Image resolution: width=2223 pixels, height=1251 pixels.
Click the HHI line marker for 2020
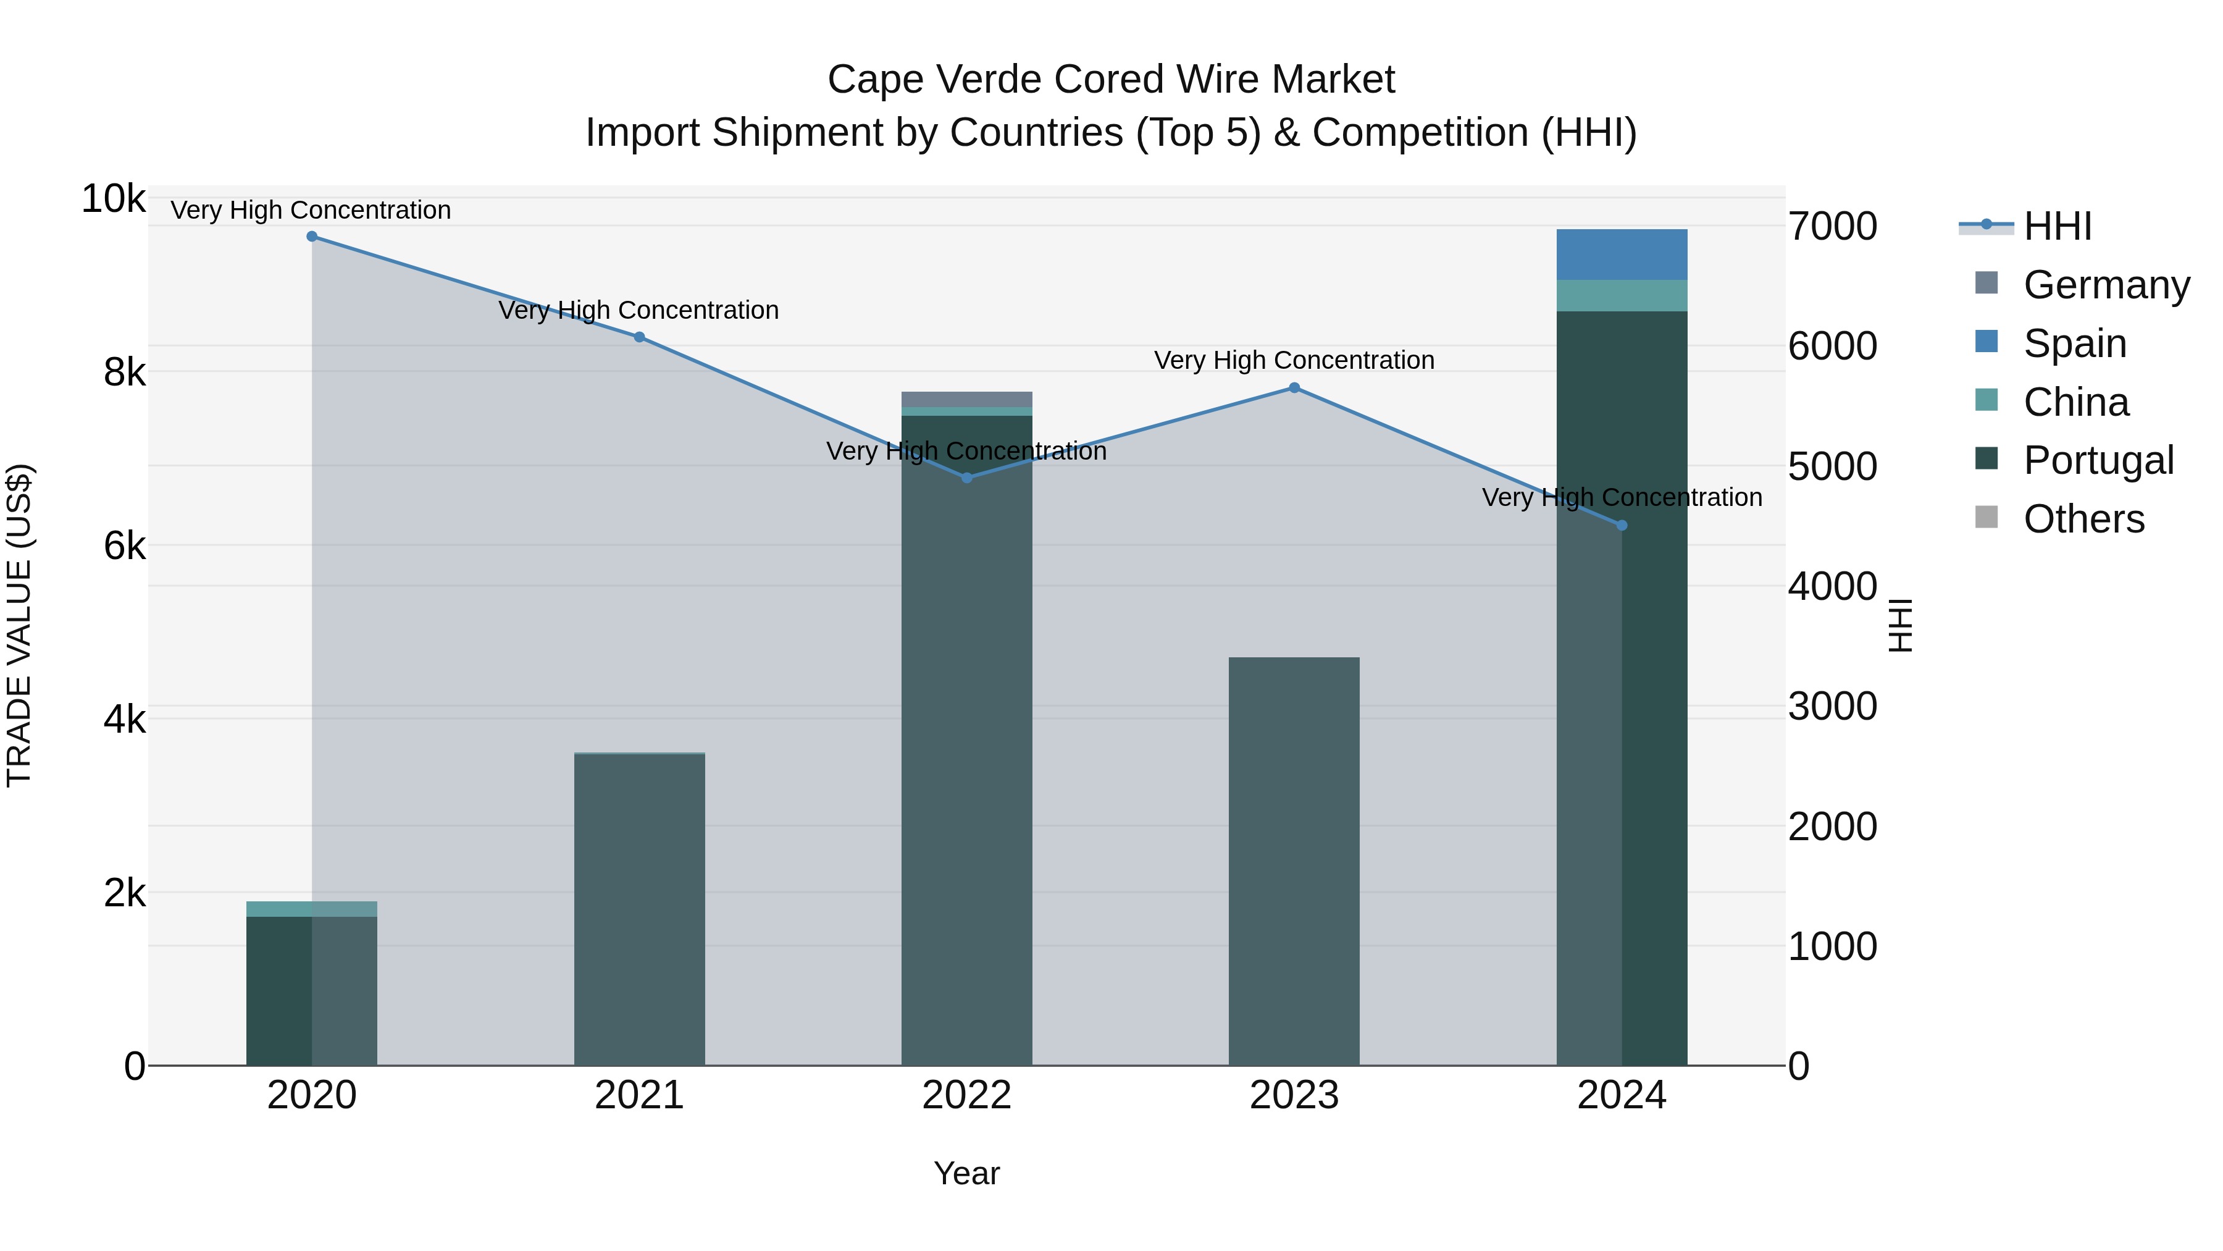coord(312,237)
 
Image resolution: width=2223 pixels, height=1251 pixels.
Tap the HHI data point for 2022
coord(966,478)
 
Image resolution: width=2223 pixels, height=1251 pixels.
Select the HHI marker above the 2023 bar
coord(1294,387)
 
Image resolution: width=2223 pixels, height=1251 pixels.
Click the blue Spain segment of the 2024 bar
coord(1622,255)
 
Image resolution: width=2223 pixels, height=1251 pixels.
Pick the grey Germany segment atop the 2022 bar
coord(966,399)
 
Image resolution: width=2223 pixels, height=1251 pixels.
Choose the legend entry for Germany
coord(2106,285)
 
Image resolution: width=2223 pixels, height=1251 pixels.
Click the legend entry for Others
coord(2083,519)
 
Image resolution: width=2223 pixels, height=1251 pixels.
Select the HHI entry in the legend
coord(2058,226)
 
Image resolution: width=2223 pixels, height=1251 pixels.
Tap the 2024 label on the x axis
coord(1622,1095)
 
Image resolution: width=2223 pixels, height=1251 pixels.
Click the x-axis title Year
coord(966,1173)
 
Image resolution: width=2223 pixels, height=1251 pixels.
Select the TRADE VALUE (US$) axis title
coord(19,625)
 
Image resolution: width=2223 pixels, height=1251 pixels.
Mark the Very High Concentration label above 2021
coord(638,310)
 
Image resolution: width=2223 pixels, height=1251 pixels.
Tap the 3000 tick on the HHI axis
coord(1832,706)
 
